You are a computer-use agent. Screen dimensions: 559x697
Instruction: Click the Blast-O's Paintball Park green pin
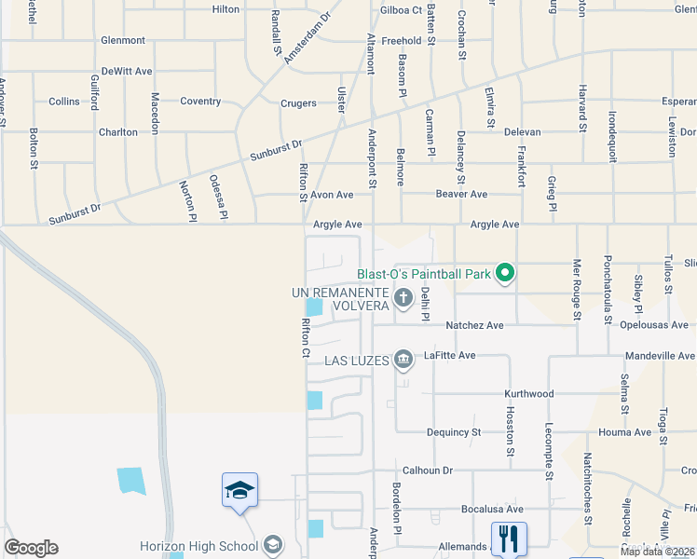[x=505, y=273]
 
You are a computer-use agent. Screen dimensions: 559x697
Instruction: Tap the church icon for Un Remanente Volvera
[x=403, y=298]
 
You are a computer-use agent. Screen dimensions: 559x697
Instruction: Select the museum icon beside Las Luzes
[x=403, y=359]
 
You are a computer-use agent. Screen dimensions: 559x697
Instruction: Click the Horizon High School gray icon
[x=273, y=544]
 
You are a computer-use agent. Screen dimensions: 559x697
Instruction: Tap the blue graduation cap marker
[x=239, y=490]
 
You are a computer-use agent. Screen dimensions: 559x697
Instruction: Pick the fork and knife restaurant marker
[x=509, y=538]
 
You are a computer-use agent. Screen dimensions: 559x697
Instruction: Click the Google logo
[x=31, y=548]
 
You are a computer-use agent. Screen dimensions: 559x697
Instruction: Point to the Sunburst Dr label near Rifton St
[x=277, y=151]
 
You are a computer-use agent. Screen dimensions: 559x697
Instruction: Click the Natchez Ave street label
[x=474, y=325]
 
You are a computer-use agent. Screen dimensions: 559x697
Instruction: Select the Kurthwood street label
[x=529, y=394]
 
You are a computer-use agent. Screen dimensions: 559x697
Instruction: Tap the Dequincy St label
[x=454, y=432]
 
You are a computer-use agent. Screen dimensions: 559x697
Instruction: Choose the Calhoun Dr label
[x=427, y=470]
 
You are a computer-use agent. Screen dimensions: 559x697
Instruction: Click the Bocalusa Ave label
[x=493, y=510]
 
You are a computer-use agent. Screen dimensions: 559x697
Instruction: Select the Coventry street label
[x=200, y=102]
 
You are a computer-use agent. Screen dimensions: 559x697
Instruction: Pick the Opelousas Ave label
[x=657, y=325]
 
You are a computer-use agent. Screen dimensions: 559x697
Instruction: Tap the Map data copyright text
[x=656, y=551]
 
